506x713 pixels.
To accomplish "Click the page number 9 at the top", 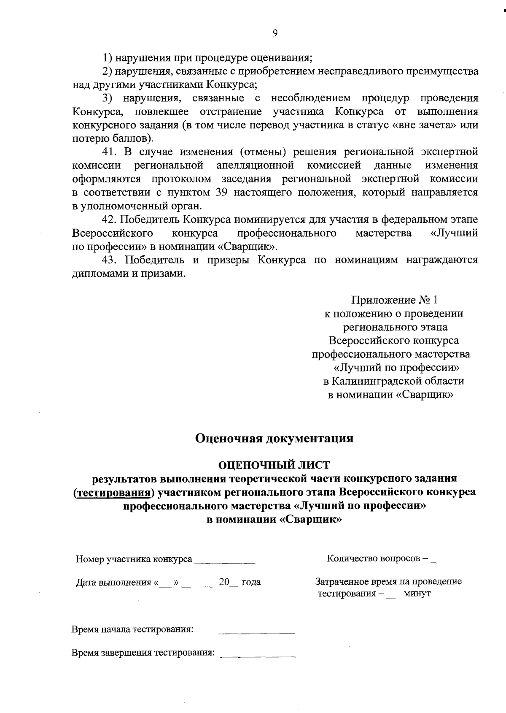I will (x=275, y=33).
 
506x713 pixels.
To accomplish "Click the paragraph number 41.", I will (x=110, y=152).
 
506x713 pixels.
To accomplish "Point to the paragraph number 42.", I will (x=110, y=220).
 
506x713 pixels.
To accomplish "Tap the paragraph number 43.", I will (x=110, y=260).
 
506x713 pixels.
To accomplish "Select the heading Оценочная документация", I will (x=275, y=439).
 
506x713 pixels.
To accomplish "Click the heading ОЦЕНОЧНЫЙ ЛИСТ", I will (x=274, y=465).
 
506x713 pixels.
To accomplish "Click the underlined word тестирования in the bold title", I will (x=113, y=492).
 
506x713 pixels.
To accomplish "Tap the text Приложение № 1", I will (x=395, y=300).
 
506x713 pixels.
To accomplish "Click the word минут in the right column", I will (x=417, y=594).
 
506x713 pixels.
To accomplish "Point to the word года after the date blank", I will (x=251, y=582).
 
